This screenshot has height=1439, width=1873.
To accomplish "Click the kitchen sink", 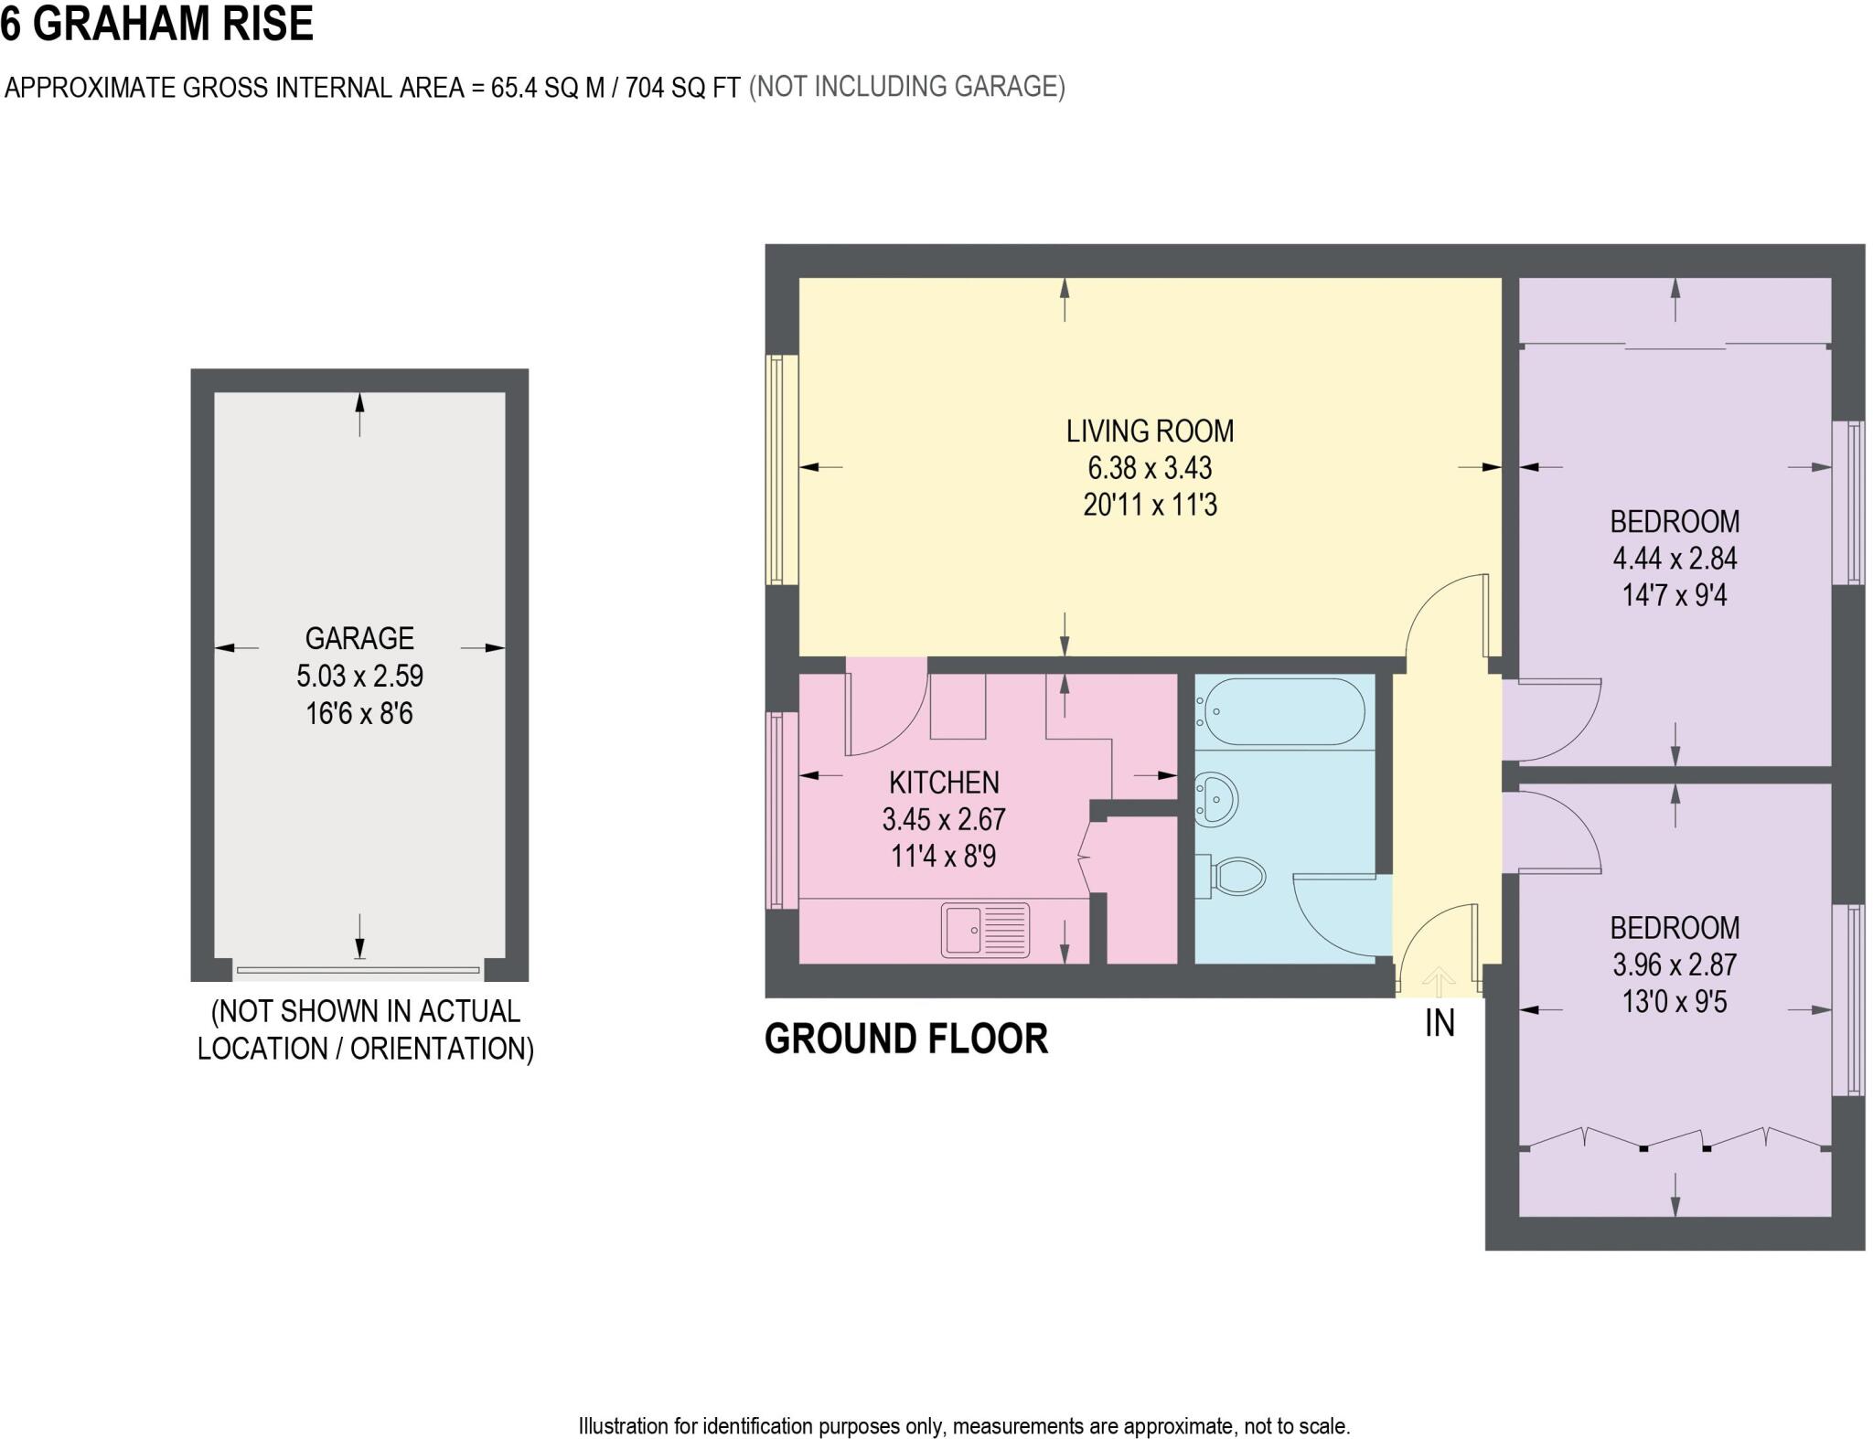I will [x=985, y=929].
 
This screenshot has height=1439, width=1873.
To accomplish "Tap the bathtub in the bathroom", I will [x=1284, y=711].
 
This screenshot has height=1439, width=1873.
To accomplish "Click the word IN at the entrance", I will [x=1440, y=1023].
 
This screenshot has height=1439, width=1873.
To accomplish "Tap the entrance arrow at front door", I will [x=1439, y=981].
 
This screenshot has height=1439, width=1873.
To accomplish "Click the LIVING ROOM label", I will [x=1150, y=431].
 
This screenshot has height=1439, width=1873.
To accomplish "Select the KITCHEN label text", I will [x=944, y=783].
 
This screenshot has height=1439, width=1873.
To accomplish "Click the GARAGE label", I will [x=359, y=638].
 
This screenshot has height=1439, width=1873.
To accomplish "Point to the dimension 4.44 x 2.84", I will [x=1675, y=559].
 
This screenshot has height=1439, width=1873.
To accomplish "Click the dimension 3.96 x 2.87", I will [x=1675, y=965].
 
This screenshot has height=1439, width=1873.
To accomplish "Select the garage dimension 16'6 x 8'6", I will [x=359, y=713].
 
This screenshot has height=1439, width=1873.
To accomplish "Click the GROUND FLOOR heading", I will [x=905, y=1039].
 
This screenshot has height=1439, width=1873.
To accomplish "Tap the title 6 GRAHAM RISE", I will [x=157, y=24].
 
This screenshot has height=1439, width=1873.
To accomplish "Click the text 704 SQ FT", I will [x=682, y=88].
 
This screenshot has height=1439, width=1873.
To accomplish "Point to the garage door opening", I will [x=358, y=969].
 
